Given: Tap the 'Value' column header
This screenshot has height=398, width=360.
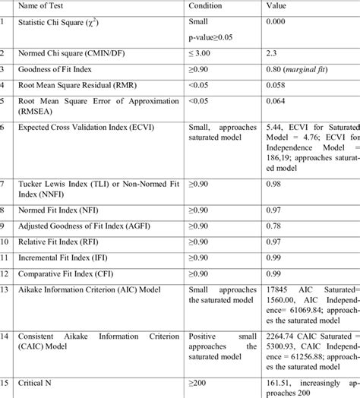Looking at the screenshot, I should (278, 6).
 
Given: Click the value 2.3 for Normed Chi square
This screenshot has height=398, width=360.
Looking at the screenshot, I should (272, 53).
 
